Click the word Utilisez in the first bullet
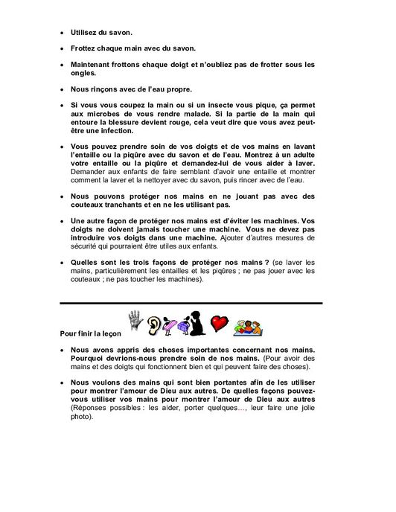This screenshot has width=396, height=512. (x=83, y=33)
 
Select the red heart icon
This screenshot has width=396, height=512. (x=217, y=324)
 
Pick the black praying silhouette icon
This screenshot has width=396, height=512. (x=195, y=321)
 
